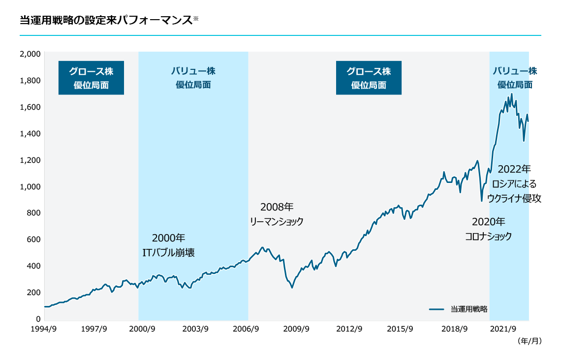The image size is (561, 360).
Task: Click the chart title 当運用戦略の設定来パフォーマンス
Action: [105, 20]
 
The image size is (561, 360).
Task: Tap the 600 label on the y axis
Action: [33, 240]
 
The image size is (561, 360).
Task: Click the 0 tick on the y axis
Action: [37, 319]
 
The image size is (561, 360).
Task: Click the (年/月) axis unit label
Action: [530, 340]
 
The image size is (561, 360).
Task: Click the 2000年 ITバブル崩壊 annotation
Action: [168, 245]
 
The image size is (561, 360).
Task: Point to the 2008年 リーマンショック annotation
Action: [277, 214]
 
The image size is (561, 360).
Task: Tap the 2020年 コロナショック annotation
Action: [488, 229]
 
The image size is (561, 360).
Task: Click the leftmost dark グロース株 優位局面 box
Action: [91, 78]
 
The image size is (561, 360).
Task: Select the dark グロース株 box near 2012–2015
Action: [369, 78]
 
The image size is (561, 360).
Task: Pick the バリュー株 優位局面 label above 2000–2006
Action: [193, 78]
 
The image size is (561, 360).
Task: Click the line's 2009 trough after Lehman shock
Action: [292, 288]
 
